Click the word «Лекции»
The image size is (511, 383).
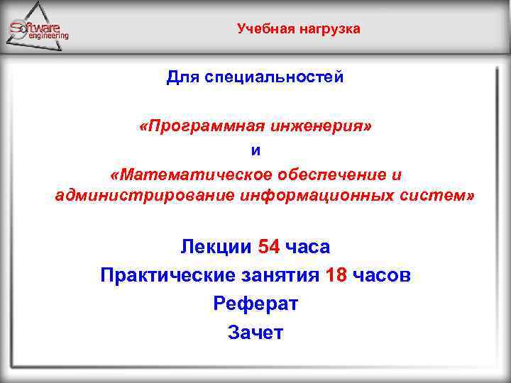[216, 247]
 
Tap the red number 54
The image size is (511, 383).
[269, 247]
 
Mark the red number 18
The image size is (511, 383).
[336, 275]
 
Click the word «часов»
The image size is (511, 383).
[383, 275]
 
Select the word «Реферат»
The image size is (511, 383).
[255, 304]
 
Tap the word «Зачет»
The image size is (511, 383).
[255, 332]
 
